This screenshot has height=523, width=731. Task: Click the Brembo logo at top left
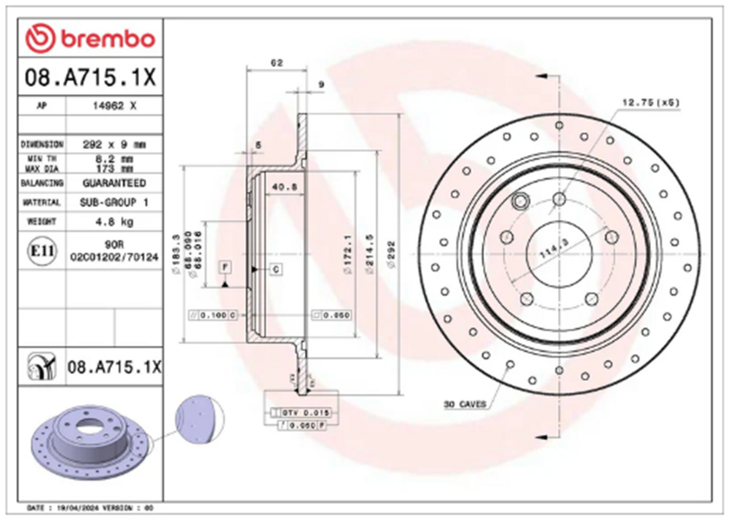(x=90, y=40)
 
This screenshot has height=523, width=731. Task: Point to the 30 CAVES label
(x=464, y=405)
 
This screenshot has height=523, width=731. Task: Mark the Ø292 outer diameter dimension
(x=390, y=253)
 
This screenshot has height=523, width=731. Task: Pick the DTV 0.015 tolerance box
(x=305, y=413)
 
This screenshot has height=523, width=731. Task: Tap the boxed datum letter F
(x=224, y=267)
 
